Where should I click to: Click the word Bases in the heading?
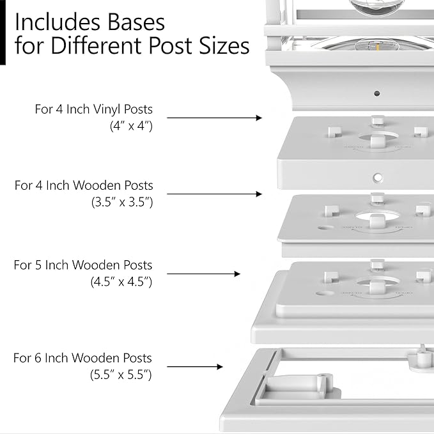136,22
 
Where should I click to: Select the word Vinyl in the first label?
107,109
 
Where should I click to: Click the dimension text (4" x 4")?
131,126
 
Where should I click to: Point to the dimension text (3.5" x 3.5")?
122,202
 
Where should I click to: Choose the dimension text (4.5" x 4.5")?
121,282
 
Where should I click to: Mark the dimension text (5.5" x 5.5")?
121,375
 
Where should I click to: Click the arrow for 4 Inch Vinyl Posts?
215,118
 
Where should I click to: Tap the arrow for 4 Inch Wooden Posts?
215,194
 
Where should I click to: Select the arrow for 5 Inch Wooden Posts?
204,274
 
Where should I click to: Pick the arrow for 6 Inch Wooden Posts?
195,367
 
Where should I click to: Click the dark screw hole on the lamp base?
376,93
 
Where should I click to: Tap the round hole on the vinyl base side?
378,178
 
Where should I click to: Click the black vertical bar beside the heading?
3,33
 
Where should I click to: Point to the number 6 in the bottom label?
38,358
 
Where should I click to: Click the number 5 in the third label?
38,265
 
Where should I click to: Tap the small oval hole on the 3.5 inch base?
326,228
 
